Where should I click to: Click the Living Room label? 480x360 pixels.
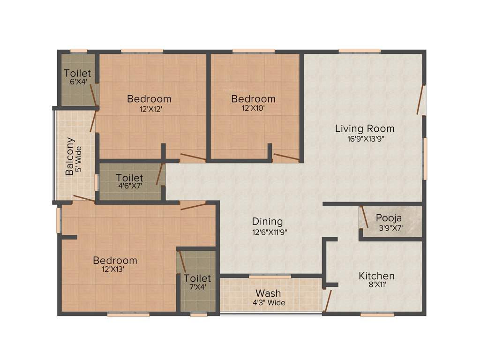tap(364, 128)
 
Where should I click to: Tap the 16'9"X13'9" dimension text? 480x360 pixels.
tap(364, 139)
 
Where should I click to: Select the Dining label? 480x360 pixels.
tap(267, 221)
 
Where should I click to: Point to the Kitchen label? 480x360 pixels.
tap(376, 276)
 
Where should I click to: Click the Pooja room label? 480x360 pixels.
tap(389, 218)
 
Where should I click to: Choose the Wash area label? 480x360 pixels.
tap(268, 294)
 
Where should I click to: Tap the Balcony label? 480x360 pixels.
tap(70, 156)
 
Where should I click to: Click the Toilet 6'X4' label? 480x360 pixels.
tap(77, 73)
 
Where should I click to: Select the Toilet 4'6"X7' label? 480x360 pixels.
tap(130, 178)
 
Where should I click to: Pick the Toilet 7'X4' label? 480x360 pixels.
tap(197, 278)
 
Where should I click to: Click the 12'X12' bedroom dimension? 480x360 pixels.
tap(149, 109)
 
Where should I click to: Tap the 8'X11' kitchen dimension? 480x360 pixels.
tap(376, 285)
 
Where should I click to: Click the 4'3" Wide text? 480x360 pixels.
tap(268, 303)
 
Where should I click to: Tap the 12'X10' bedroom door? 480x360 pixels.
tap(286, 157)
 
